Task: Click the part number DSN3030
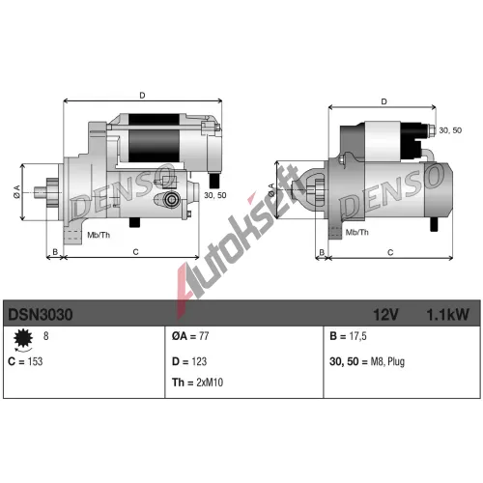41,314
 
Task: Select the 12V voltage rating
385,314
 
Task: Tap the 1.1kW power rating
447,314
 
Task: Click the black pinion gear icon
23,338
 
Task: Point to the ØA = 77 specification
190,336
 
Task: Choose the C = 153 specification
25,361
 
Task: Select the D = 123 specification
189,361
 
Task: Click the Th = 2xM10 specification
197,383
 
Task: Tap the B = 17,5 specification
348,336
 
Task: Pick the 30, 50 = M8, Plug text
367,361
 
